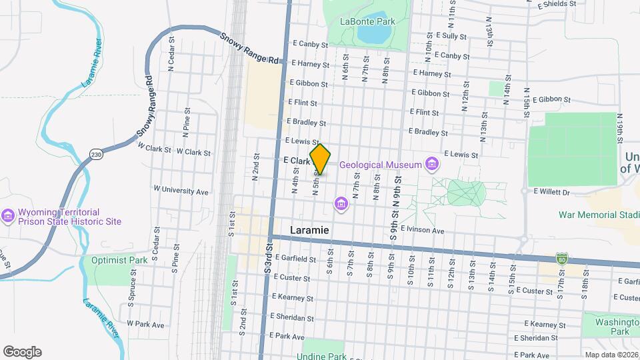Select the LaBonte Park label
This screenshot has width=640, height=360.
[x=367, y=21]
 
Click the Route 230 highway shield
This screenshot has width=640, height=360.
[x=95, y=155]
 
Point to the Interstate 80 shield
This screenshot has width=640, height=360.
[x=562, y=258]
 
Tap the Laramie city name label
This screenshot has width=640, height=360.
[x=310, y=229]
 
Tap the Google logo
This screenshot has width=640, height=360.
[x=22, y=352]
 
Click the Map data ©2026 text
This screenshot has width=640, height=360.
[x=611, y=355]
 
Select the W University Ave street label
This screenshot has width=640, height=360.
[x=181, y=191]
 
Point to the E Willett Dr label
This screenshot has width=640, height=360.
[x=552, y=192]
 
